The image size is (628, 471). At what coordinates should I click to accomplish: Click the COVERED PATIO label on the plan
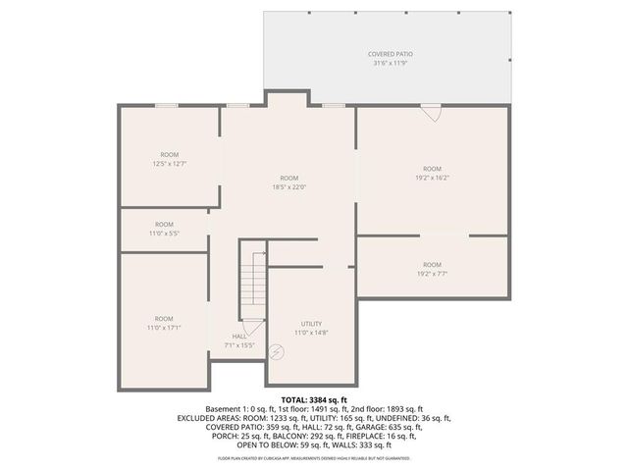tap(392, 53)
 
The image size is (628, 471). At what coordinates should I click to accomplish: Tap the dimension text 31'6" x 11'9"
tap(392, 63)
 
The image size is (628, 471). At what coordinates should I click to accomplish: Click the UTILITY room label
tap(311, 324)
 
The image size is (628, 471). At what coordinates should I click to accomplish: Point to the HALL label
tap(239, 336)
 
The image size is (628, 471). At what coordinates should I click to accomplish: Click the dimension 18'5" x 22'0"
tap(288, 187)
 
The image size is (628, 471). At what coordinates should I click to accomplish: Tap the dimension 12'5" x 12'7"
tap(170, 164)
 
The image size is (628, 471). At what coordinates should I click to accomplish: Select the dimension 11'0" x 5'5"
tap(164, 234)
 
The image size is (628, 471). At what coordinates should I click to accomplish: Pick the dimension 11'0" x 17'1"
tap(164, 328)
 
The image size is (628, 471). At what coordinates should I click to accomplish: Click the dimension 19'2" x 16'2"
tap(432, 178)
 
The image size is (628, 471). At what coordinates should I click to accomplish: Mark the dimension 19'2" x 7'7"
tap(432, 274)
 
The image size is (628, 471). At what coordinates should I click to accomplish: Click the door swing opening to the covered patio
tap(430, 114)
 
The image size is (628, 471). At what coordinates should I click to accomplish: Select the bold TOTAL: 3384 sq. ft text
tap(313, 400)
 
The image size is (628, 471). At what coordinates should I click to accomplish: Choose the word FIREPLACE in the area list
tap(372, 436)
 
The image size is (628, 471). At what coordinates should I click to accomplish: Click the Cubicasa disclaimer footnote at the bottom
tap(313, 457)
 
